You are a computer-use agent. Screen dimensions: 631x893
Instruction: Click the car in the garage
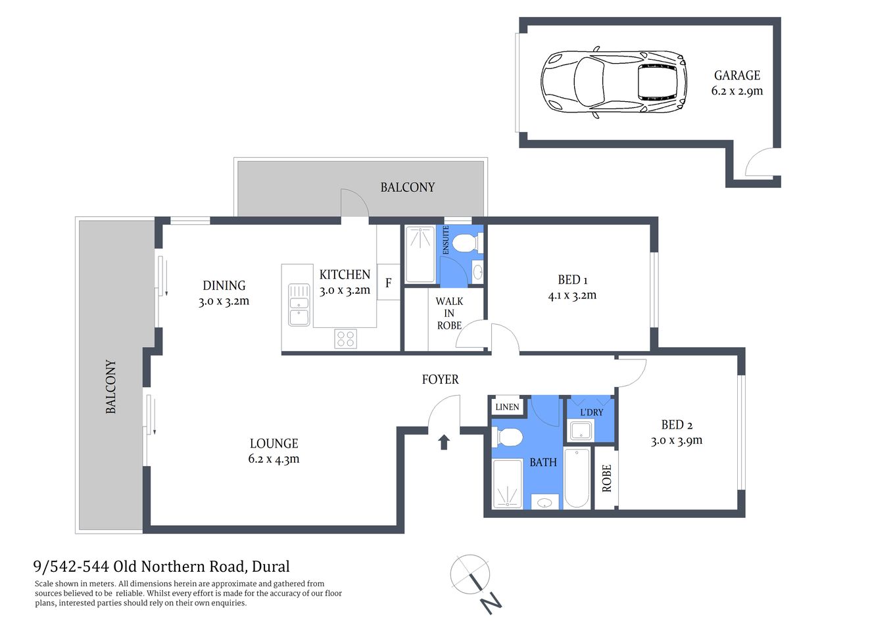(x=613, y=82)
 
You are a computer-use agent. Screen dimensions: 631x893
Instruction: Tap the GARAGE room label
(x=736, y=76)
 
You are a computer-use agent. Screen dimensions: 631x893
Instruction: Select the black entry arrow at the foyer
(x=444, y=442)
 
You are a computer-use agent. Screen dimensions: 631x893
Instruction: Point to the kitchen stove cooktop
(x=345, y=339)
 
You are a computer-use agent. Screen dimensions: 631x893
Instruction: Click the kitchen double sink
(x=299, y=304)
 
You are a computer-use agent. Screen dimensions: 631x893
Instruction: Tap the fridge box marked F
(x=388, y=283)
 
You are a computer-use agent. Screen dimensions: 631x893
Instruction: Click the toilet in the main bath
(x=508, y=436)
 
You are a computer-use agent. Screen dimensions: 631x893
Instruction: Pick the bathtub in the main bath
(x=577, y=477)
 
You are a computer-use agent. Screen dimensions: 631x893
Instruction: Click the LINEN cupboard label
(x=507, y=407)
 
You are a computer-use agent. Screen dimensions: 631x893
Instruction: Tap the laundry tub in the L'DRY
(x=581, y=431)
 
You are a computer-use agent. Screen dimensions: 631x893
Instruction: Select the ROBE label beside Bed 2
(x=606, y=478)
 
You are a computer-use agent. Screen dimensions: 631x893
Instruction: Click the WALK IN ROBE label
(x=449, y=313)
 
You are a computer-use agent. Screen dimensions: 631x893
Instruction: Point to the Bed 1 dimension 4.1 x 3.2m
(x=572, y=296)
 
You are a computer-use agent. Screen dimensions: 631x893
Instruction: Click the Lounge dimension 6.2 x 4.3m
(x=274, y=459)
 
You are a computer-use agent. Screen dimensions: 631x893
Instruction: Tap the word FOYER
(x=440, y=379)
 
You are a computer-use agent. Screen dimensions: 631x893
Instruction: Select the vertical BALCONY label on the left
(x=110, y=386)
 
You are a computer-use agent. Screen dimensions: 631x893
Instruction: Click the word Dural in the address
(x=271, y=567)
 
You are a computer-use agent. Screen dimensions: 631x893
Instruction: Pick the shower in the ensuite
(x=420, y=254)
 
